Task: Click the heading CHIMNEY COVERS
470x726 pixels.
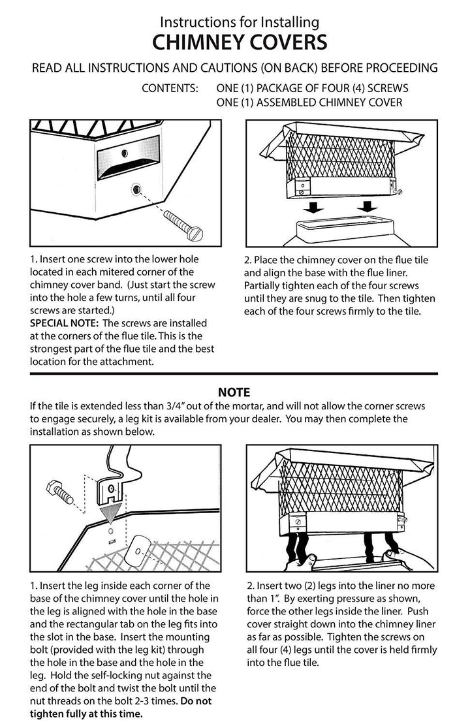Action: (240, 42)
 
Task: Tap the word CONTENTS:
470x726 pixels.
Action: (170, 88)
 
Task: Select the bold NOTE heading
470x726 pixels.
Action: (234, 392)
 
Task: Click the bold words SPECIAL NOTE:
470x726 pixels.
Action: (65, 323)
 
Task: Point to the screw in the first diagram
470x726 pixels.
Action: (183, 224)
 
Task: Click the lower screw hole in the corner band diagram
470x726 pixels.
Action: (136, 189)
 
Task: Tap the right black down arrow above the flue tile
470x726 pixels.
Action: (368, 206)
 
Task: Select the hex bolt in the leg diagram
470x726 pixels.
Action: (60, 492)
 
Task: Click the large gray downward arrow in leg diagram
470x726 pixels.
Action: (112, 507)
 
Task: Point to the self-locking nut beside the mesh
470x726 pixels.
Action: (137, 550)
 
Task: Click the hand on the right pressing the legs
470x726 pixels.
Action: (410, 559)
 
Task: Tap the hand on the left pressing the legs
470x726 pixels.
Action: (300, 561)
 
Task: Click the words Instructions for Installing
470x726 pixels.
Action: (240, 22)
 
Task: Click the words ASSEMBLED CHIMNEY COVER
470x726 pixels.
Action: (329, 102)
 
